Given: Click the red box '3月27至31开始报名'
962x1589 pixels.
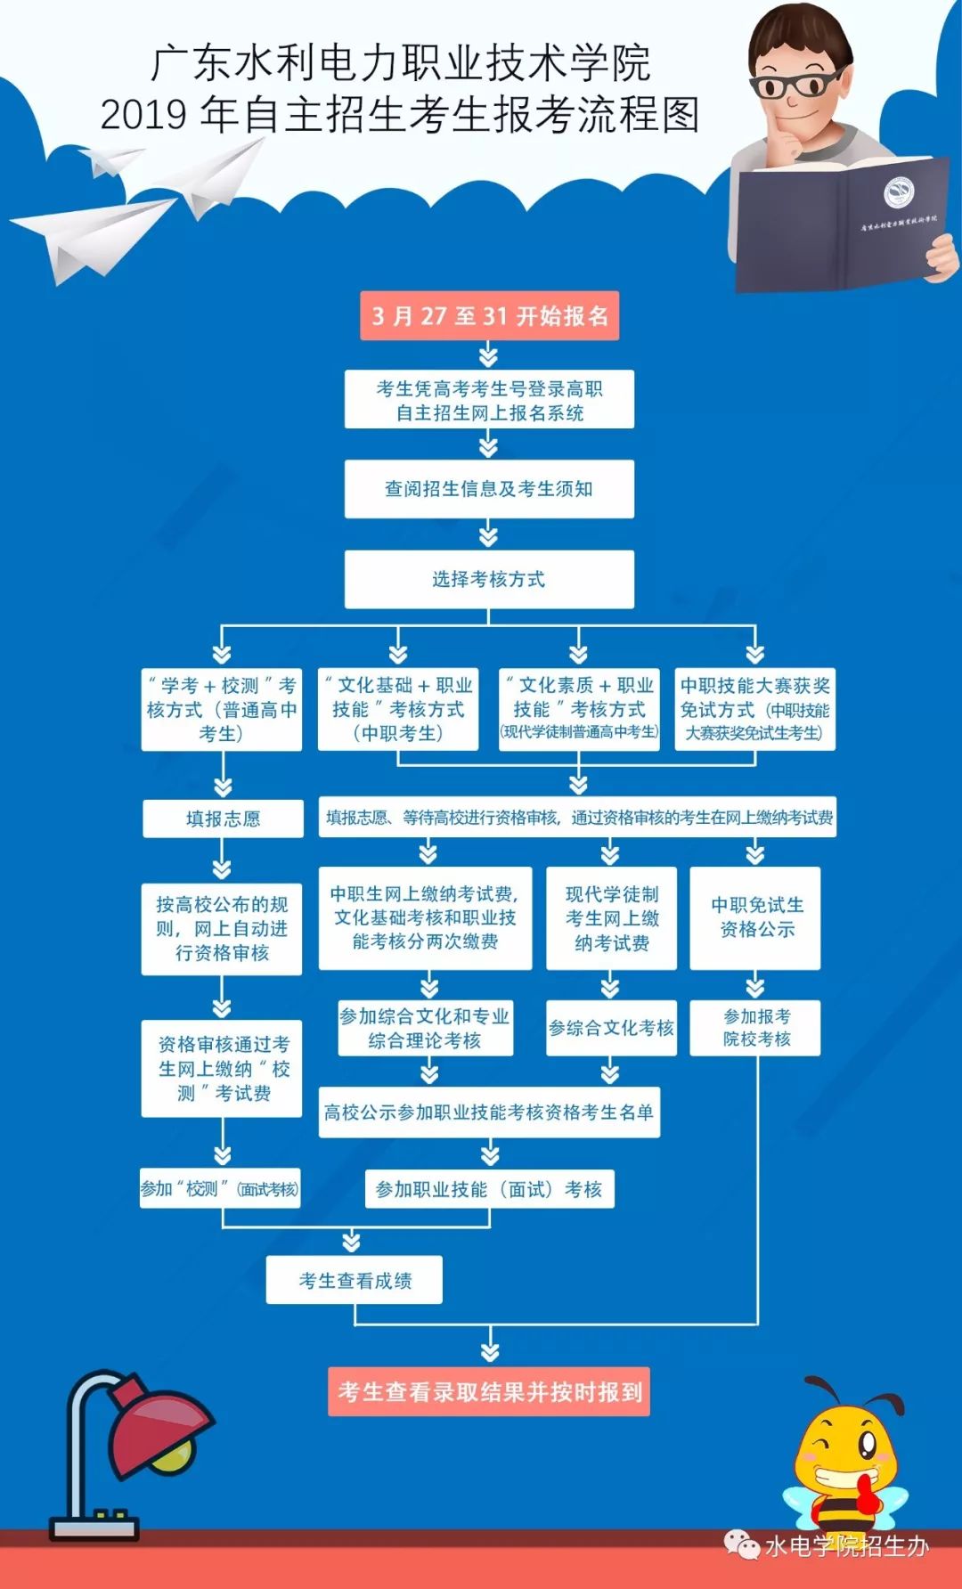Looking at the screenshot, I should (x=489, y=316).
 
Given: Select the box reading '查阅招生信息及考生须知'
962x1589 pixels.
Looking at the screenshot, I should (x=489, y=489).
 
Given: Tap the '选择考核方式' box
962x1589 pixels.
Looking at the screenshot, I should (x=489, y=580).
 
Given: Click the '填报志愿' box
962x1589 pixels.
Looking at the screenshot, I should (x=223, y=819).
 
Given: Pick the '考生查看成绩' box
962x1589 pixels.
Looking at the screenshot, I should (x=355, y=1281).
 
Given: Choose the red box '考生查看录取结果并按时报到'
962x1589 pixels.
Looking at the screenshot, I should (x=489, y=1391).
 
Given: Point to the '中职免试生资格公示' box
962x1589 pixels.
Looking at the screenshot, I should (x=755, y=918).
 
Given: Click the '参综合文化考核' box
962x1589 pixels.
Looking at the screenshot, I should (x=611, y=1029).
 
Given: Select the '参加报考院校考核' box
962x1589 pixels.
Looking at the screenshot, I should (x=755, y=1029).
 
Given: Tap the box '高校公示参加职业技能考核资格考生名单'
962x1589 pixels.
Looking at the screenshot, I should (x=489, y=1112).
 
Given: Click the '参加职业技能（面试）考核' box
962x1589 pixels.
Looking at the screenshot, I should (x=489, y=1189).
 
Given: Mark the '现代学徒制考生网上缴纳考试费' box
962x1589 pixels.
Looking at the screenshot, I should (x=611, y=918).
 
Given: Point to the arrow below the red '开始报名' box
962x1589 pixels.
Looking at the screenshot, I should (x=488, y=356).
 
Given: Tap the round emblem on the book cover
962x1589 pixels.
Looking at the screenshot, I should (x=898, y=192).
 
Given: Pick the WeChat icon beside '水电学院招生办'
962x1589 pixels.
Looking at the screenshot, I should (x=741, y=1545).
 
